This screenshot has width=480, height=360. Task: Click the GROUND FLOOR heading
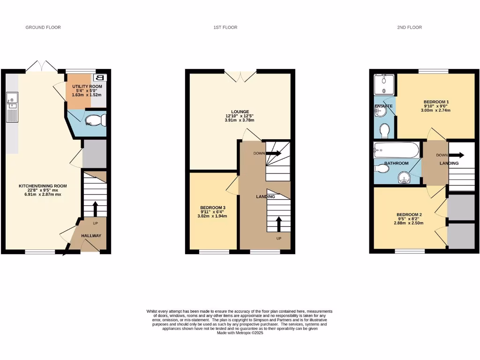point(43,28)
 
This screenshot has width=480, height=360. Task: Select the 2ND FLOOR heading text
point(409,28)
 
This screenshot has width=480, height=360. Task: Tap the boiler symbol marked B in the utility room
point(100,78)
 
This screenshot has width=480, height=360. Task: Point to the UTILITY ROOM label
point(86,87)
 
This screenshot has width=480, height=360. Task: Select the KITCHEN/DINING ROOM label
point(40,187)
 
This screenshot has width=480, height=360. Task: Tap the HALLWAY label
point(91,236)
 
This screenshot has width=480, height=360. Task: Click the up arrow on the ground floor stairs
point(95,208)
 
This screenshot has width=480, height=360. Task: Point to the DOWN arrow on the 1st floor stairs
point(274,153)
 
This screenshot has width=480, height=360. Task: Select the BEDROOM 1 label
point(436,102)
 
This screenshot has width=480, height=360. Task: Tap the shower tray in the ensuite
point(383,85)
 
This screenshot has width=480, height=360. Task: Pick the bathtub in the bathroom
point(396,151)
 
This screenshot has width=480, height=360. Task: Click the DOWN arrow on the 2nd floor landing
point(457,156)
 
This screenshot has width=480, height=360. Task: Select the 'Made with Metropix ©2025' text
point(240,333)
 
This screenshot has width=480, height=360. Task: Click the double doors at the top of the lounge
point(240,75)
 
